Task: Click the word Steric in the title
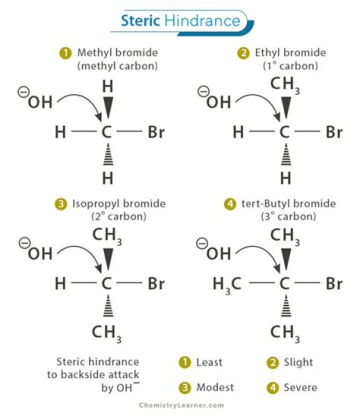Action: click(x=140, y=21)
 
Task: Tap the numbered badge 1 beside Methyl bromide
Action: click(x=65, y=52)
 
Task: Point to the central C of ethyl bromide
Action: click(x=284, y=133)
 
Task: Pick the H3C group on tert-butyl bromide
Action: click(x=227, y=284)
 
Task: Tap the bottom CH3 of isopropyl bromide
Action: click(x=106, y=333)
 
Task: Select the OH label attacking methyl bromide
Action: click(x=40, y=102)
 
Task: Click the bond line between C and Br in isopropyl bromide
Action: click(x=131, y=284)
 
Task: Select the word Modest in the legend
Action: click(x=215, y=387)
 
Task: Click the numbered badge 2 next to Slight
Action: click(x=273, y=362)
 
